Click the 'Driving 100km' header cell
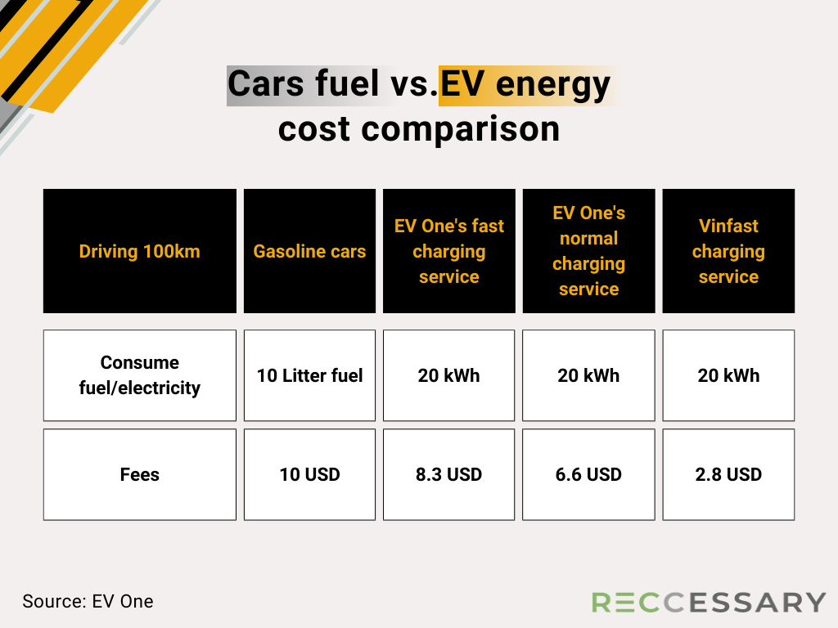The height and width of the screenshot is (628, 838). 139,251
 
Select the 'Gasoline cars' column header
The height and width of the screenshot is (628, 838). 309,251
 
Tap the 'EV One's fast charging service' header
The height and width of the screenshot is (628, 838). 449,251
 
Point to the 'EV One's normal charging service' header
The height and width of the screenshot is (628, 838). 588,251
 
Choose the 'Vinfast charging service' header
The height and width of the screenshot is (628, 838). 728,251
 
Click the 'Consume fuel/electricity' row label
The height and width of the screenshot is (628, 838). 139,375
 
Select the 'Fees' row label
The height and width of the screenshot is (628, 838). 139,474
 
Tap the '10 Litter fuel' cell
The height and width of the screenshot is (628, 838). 309,375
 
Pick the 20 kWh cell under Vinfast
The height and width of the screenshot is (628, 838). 728,375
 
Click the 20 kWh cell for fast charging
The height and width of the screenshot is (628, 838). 449,375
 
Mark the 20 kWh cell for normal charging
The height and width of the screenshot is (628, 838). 588,375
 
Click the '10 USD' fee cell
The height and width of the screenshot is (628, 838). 309,474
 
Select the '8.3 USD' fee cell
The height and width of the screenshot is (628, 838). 449,474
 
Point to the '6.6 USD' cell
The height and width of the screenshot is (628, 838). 588,474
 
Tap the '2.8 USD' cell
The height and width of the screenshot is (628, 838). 728,474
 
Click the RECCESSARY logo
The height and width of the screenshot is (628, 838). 709,603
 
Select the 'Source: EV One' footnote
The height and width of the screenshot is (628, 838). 88,601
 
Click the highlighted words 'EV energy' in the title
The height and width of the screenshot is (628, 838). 525,84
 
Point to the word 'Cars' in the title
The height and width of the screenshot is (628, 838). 266,83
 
